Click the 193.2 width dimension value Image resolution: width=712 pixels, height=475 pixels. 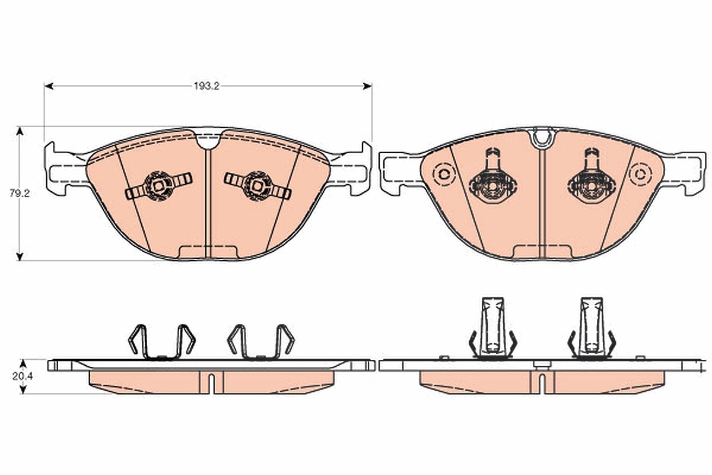click(206, 86)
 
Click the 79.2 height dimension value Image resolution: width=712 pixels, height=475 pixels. click(20, 193)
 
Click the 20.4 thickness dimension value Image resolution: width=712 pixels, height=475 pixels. click(23, 376)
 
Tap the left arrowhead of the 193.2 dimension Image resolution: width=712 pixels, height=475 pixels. click(48, 86)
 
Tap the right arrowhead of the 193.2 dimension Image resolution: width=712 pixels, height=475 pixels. click(368, 86)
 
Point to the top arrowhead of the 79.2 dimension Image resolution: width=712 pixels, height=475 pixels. click(20, 131)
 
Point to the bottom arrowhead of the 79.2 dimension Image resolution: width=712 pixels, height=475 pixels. click(20, 256)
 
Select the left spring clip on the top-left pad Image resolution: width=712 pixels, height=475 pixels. click(158, 186)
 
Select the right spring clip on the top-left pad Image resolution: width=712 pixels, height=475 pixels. click(258, 186)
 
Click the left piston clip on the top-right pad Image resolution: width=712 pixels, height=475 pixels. click(493, 177)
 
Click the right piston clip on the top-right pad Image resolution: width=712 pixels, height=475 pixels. click(592, 177)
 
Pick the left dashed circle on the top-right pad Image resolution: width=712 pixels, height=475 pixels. click(444, 175)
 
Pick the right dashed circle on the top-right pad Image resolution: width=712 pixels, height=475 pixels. click(641, 175)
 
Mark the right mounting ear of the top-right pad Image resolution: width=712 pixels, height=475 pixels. click(684, 173)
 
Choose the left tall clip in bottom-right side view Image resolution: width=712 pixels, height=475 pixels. click(493, 328)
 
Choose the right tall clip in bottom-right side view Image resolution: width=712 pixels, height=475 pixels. click(592, 328)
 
